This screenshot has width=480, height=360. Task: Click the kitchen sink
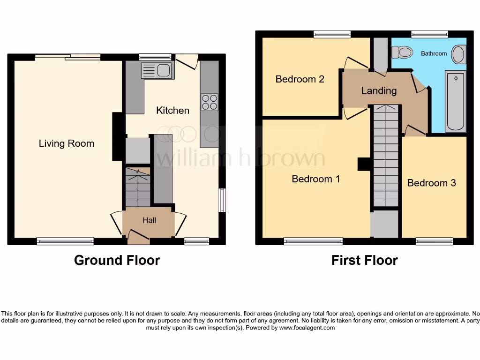point(157,71)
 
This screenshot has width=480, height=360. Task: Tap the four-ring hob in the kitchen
point(210,102)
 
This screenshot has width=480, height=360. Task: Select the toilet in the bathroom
point(402,52)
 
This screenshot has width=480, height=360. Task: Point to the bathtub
point(455,101)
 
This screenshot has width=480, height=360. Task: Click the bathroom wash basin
point(459,54)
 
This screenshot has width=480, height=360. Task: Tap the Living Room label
point(67,143)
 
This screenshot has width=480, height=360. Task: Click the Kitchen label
point(172,111)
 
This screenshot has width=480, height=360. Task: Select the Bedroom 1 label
point(315,179)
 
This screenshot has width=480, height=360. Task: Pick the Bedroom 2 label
point(300,79)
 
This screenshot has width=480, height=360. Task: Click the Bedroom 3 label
point(431,183)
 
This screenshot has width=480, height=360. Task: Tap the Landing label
point(379,90)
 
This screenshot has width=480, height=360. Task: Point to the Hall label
point(149,220)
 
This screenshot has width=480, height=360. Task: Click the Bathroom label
point(434,53)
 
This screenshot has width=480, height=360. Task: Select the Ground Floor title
point(117,260)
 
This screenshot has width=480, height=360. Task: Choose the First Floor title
point(364,260)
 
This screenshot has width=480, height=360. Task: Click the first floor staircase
point(386,155)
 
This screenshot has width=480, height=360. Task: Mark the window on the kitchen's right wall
point(222,200)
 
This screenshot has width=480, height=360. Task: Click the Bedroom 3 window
point(434,241)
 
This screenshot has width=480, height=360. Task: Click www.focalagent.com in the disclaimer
point(307,328)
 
